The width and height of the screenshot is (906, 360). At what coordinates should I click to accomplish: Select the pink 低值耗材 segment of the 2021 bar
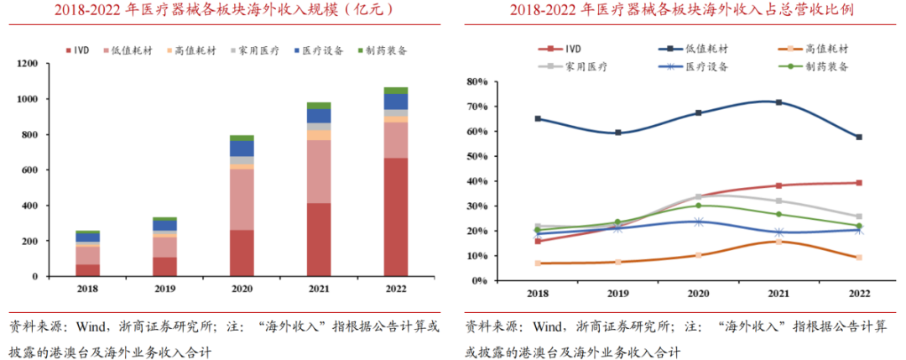319,171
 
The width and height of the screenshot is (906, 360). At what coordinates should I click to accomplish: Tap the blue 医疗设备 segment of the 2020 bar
242,149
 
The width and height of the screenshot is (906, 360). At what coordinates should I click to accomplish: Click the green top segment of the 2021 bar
319,106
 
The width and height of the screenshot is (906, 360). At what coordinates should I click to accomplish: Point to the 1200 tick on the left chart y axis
26,64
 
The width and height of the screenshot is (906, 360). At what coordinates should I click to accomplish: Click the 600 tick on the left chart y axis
29,170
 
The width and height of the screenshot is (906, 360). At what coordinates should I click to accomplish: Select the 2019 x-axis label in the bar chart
164,290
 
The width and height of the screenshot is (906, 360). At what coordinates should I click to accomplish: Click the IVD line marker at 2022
857,183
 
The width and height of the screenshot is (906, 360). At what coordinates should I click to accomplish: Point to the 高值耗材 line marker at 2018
538,263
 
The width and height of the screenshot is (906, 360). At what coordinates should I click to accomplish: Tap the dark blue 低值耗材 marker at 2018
538,119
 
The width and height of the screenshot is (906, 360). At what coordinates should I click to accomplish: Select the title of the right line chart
679,10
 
